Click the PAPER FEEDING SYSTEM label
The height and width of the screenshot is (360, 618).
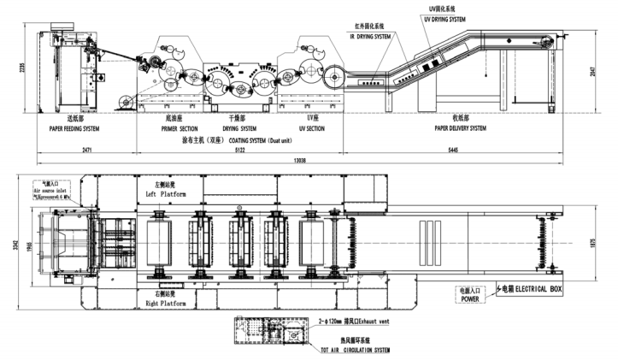72,128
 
